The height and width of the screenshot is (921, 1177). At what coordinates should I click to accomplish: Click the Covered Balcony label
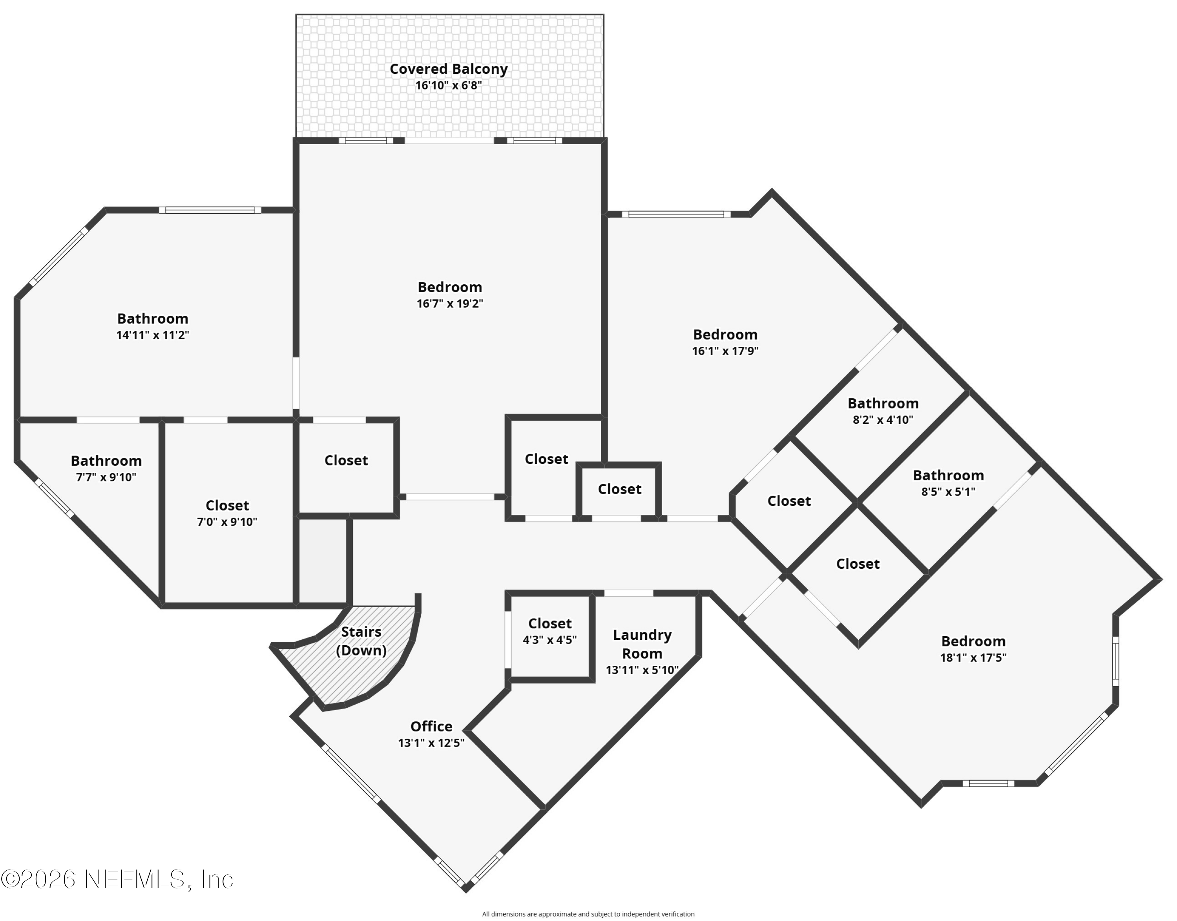coord(448,69)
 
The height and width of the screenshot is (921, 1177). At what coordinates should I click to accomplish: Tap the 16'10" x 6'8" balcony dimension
coord(448,85)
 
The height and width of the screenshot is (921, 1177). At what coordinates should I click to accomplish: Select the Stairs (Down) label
coord(361,641)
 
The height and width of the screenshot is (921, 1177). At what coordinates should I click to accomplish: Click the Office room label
coord(431,726)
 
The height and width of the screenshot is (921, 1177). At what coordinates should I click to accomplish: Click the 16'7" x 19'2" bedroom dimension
coord(449,304)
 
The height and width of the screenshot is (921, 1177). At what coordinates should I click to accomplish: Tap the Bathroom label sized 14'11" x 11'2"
coord(153,319)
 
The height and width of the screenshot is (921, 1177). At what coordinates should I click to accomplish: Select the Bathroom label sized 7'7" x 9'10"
coord(106,461)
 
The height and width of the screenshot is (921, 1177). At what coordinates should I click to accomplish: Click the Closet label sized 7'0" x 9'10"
coord(227,506)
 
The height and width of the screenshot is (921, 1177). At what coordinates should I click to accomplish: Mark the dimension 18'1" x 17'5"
coord(973,658)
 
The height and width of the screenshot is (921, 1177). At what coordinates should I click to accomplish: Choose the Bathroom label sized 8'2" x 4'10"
coord(883,403)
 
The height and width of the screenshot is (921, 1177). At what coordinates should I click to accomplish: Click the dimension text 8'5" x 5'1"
coord(948,492)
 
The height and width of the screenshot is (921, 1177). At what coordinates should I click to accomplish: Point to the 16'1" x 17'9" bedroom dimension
coord(725,351)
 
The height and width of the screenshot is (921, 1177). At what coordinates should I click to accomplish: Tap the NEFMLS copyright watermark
coord(117,879)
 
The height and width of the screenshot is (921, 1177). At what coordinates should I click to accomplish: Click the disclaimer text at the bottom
coord(588,914)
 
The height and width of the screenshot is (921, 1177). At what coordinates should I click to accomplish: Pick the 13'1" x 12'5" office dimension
coord(431,743)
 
